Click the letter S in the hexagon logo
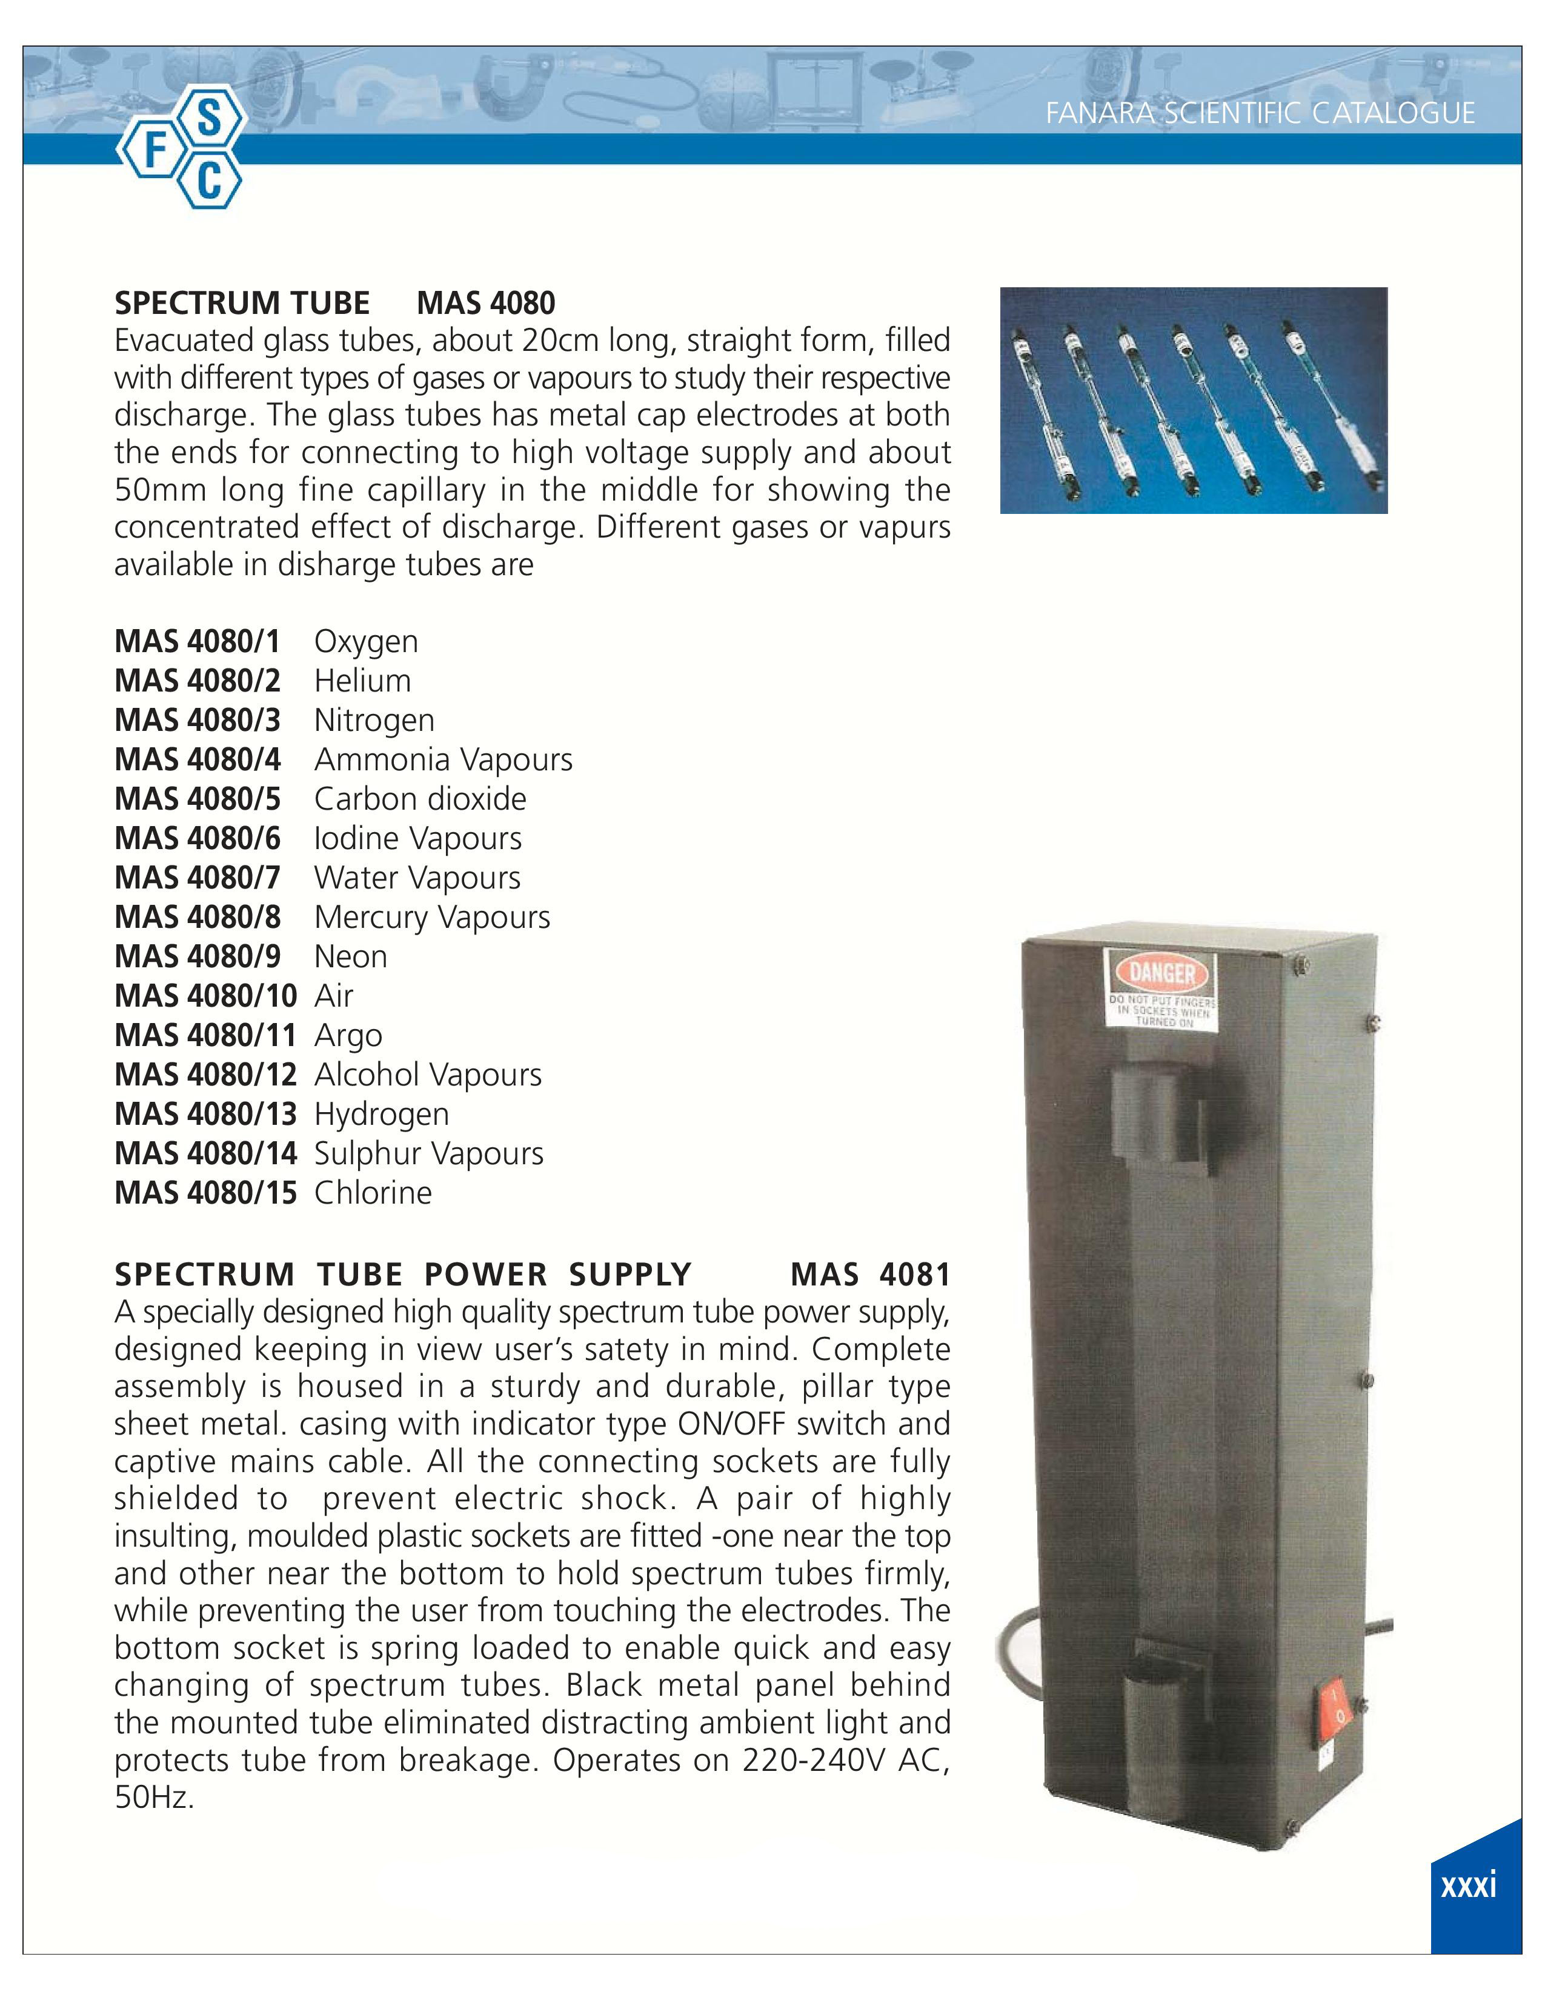click(x=210, y=120)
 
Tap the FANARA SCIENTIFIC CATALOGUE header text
click(x=1260, y=113)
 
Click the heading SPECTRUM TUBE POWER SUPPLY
click(x=403, y=1274)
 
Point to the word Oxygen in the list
click(x=366, y=642)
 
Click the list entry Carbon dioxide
click(x=420, y=799)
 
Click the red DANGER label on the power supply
click(x=1163, y=972)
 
